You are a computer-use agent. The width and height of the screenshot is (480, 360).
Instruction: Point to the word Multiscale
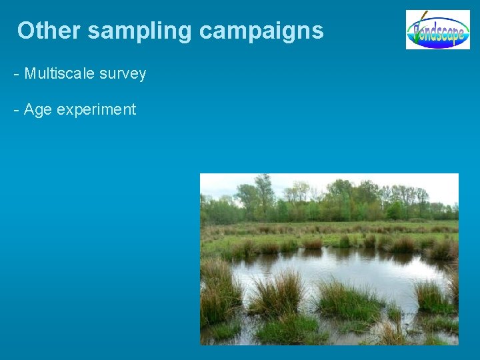coord(59,74)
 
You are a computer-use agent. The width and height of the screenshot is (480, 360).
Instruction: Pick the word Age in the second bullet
coord(37,110)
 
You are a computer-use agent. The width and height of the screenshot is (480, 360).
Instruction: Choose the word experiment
coord(96,110)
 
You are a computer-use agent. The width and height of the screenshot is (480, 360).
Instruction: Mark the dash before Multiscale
coord(16,75)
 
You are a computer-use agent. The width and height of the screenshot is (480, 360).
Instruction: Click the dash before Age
coord(16,110)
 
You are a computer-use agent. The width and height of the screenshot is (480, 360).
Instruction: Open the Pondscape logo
coord(437,30)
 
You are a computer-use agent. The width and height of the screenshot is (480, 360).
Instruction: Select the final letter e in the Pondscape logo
coord(459,32)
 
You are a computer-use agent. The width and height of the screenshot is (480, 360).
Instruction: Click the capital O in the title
coord(26,31)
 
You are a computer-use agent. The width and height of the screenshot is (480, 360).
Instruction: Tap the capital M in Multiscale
coord(29,74)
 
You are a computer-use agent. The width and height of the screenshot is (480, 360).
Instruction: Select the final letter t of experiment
coord(133,110)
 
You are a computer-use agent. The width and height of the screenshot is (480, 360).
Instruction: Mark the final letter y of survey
coord(143,75)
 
